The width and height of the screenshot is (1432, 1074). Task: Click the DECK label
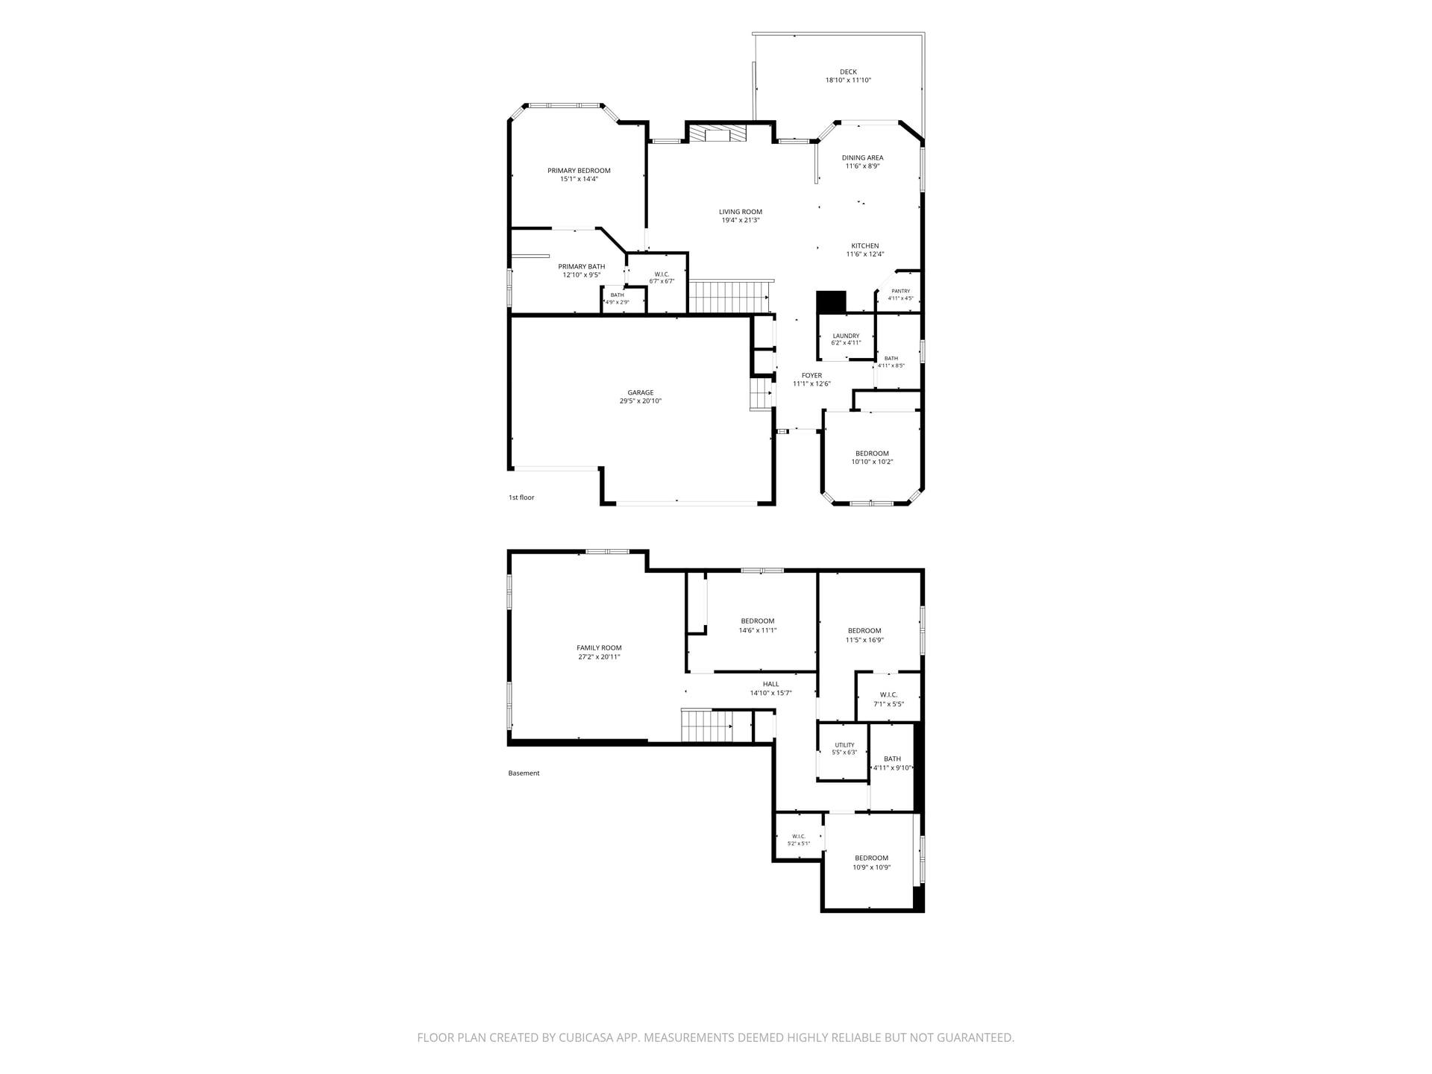pos(848,72)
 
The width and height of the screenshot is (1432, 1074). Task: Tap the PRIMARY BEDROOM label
pos(579,171)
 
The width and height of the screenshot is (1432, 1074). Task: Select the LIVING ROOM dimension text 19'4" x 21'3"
pos(741,220)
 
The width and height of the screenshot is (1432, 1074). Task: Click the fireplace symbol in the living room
pos(717,134)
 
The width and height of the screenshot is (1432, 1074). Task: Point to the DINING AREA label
pos(863,158)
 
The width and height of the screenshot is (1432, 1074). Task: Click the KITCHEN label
pos(865,246)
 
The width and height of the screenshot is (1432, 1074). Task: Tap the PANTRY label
pos(900,291)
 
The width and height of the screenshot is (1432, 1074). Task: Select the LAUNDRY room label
pos(846,336)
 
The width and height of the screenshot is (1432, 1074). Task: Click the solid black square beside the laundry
pos(832,302)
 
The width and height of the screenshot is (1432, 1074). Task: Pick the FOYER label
pos(811,376)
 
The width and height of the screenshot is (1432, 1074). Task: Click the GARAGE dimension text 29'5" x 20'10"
pos(641,401)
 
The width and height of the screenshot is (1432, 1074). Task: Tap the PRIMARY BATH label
pos(582,266)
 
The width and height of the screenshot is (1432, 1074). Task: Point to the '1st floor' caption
pos(521,497)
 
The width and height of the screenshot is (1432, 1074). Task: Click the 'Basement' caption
pos(524,773)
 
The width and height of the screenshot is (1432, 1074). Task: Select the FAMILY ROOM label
pos(599,648)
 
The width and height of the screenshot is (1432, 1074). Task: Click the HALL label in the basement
pos(770,684)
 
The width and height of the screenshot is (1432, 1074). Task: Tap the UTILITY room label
pos(844,745)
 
